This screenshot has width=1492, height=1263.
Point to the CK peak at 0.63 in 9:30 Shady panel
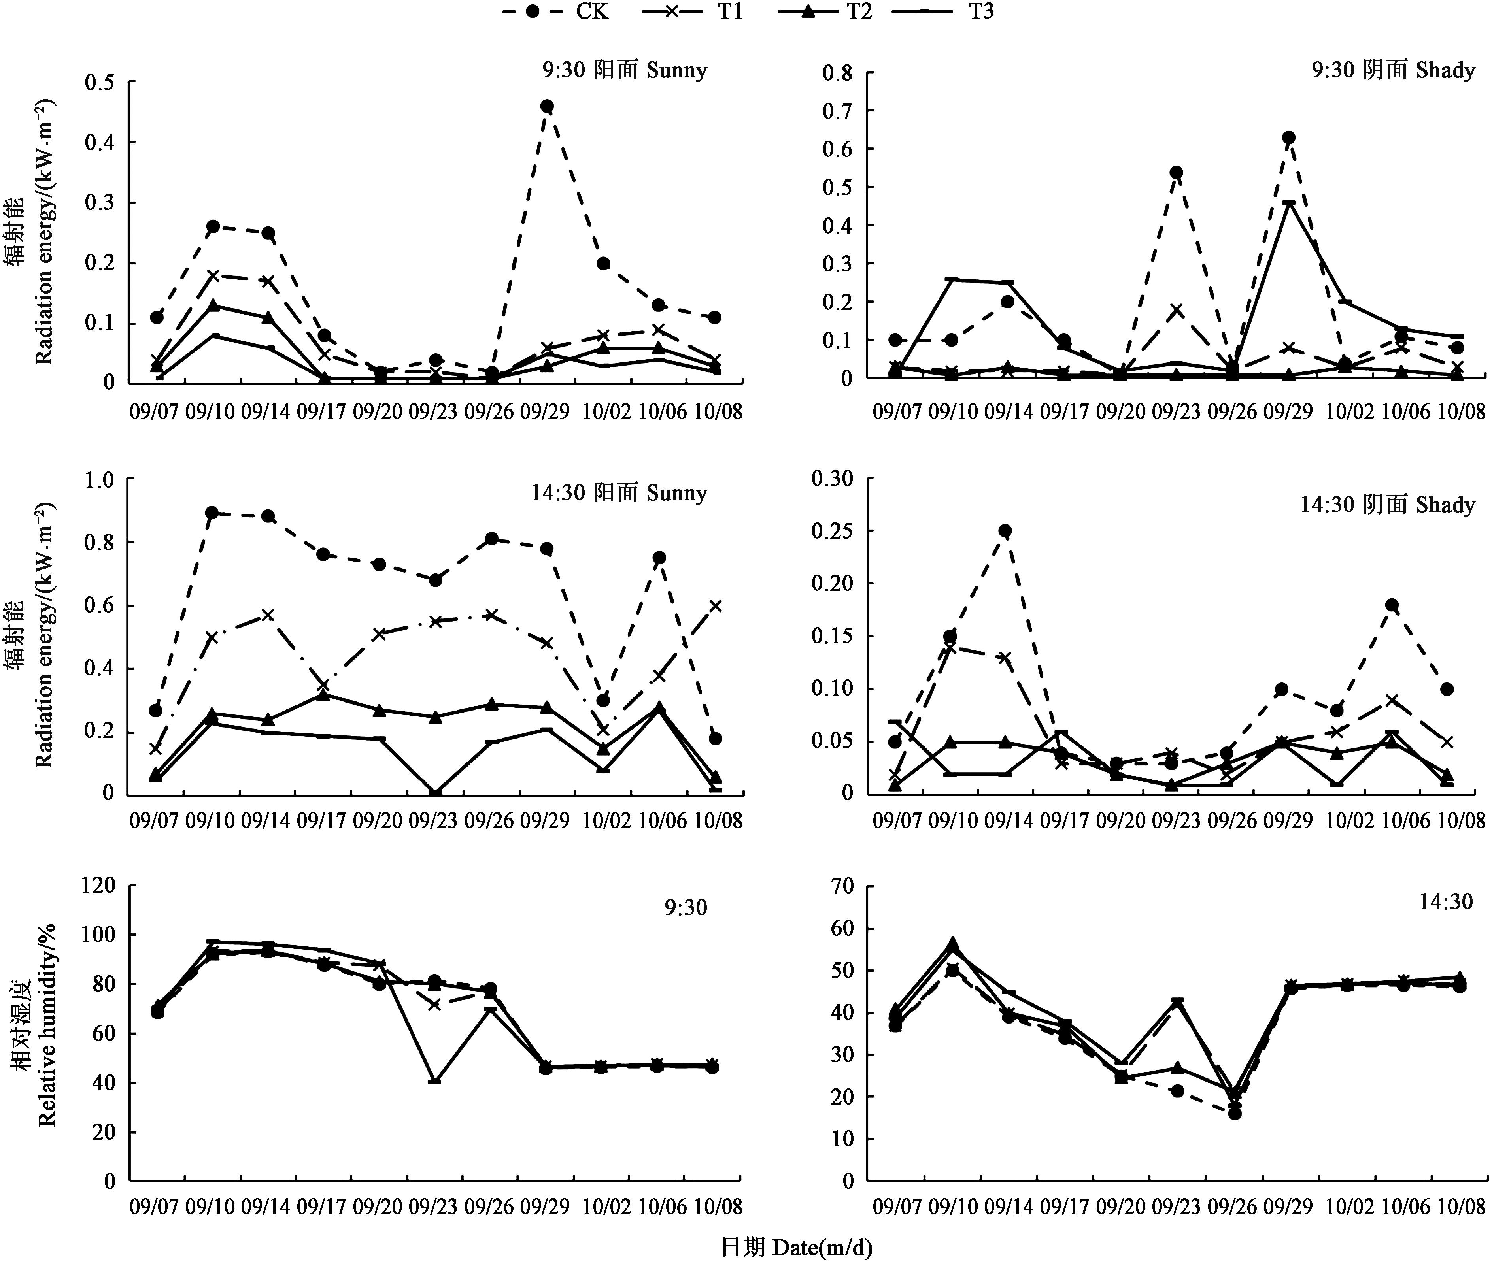point(1288,138)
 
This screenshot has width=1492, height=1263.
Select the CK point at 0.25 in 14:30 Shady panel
point(1005,531)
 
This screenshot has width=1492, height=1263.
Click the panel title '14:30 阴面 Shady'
point(1387,505)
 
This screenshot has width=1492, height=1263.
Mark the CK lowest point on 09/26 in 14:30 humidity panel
point(1234,1113)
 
